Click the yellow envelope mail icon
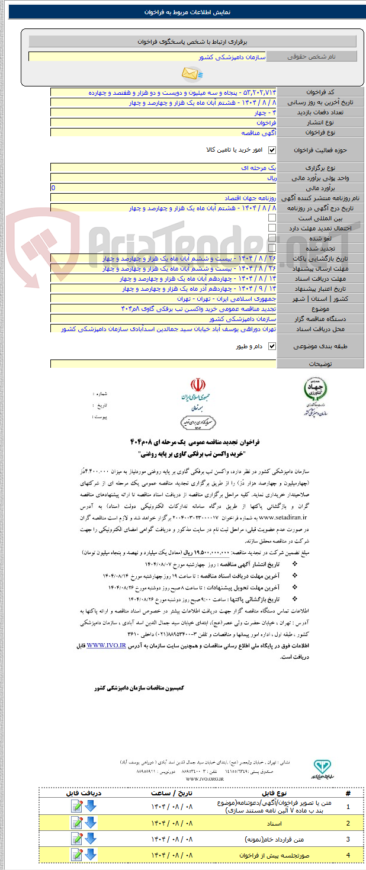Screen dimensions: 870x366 191,73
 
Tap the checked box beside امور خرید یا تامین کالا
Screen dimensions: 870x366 272,150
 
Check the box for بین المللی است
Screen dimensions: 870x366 272,218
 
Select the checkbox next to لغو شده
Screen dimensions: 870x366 272,237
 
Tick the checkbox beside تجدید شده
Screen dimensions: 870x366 272,248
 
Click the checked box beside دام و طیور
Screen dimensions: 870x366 272,346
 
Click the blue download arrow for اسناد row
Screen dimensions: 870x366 90,823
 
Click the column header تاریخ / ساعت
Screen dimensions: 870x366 168,792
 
